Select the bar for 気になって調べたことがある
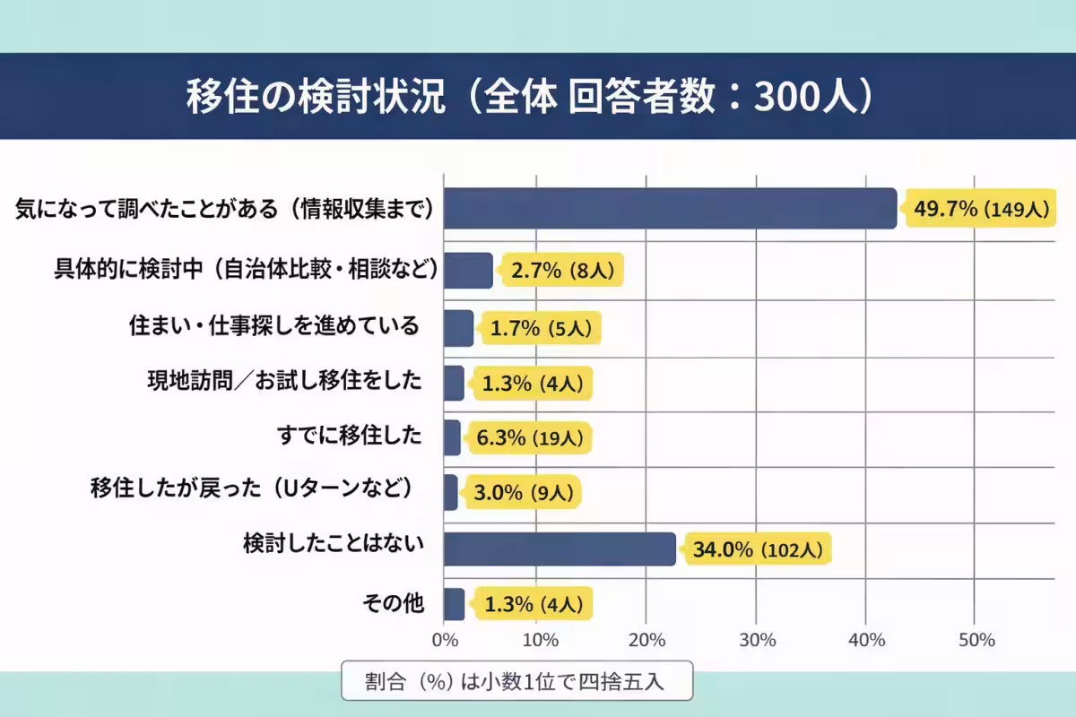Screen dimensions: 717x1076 pos(670,209)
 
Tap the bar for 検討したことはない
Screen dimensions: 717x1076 pos(560,549)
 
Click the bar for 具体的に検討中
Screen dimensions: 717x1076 pos(468,271)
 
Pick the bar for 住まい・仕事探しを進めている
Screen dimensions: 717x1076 pos(458,328)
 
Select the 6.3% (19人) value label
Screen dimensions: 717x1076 pos(532,438)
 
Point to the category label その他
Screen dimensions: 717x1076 pos(392,603)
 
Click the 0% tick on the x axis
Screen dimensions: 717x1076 pos(444,640)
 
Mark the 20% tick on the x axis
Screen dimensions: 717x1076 pos(646,640)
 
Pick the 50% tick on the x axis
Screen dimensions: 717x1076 pos(976,640)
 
